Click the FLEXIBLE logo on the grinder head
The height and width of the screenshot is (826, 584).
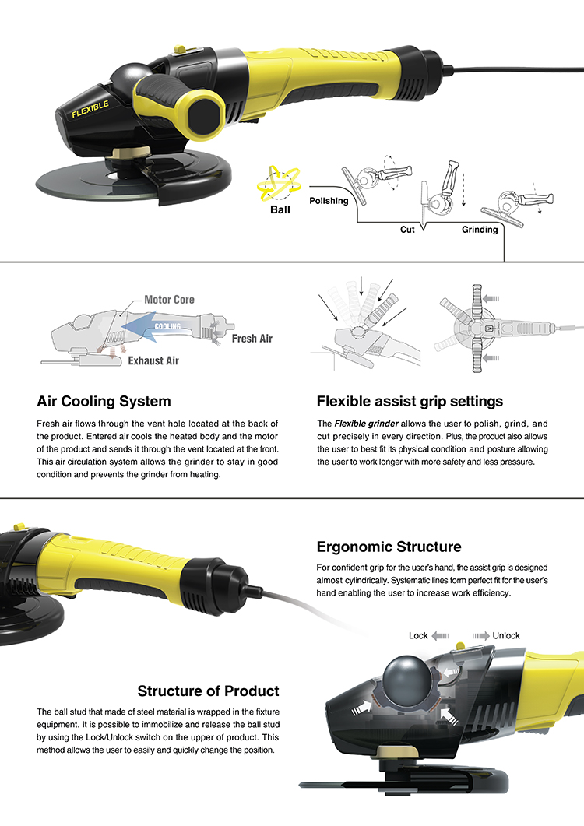pos(90,108)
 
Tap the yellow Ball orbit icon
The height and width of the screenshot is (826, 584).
pos(279,183)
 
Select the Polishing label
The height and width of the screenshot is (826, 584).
pos(329,201)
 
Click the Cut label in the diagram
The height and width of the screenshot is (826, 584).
pos(407,229)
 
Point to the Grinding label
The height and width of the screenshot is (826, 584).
pos(480,229)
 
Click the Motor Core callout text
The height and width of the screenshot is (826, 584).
pos(169,299)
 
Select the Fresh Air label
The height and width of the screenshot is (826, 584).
pos(252,338)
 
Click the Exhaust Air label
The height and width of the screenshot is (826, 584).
pos(153,360)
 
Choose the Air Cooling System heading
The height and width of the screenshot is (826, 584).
pos(104,402)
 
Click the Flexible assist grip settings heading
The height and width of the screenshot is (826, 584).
pos(410,402)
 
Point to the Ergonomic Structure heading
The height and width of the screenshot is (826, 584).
pos(389,547)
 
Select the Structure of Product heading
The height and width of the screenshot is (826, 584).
pos(208,691)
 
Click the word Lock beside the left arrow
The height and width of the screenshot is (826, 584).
pos(418,635)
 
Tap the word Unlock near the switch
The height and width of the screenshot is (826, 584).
pos(506,635)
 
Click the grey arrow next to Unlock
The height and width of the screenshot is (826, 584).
pos(480,636)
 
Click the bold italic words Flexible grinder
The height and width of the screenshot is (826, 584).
pos(366,424)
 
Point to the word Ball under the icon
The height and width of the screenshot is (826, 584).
pos(280,209)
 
